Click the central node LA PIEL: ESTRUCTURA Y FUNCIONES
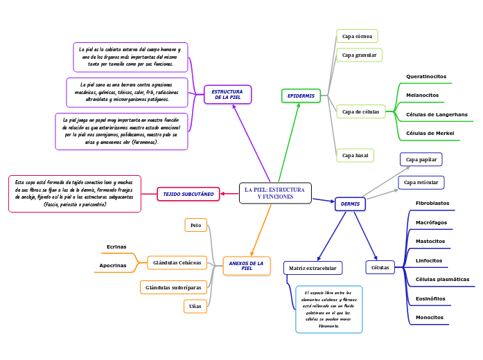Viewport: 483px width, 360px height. click(275, 193)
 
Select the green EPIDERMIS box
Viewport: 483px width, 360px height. click(301, 96)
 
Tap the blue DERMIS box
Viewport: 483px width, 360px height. click(350, 204)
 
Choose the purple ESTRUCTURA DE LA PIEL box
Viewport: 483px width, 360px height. click(227, 94)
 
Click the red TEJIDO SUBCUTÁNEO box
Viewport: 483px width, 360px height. click(188, 195)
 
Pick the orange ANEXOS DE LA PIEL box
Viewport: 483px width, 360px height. click(246, 266)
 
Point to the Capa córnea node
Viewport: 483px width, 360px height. click(357, 36)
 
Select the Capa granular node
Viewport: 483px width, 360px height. click(359, 55)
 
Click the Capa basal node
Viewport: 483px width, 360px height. click(355, 155)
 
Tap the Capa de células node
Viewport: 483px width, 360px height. click(360, 111)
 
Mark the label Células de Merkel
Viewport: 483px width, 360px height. click(430, 133)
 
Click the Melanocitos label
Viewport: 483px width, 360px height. click(422, 95)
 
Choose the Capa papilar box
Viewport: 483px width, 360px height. click(421, 159)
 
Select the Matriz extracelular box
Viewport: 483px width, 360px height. click(313, 268)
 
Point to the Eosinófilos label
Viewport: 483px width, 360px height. click(430, 298)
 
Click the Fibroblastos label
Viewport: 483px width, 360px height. click(432, 204)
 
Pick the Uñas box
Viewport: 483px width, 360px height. click(195, 305)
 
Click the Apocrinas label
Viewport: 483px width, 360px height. click(113, 265)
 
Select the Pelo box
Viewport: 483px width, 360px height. click(195, 225)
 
